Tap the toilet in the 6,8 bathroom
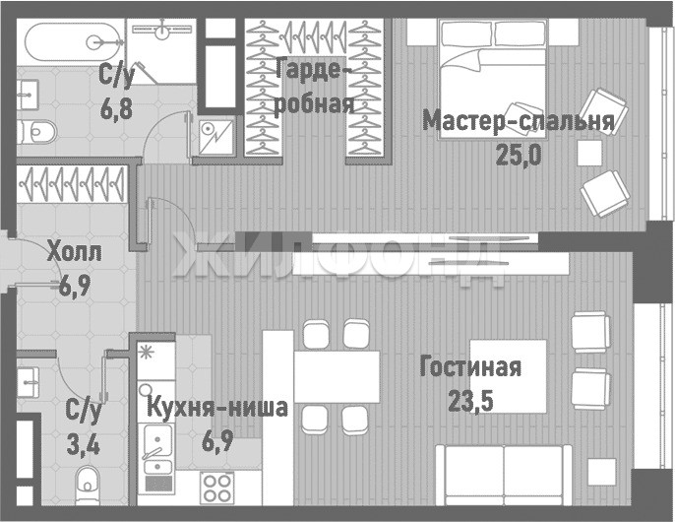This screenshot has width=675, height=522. (x=37, y=132)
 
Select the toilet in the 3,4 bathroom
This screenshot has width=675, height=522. (x=88, y=485)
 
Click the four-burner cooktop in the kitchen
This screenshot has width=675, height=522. (x=216, y=488)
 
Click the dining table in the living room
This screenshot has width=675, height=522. (x=337, y=377)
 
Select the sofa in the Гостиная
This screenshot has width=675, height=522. (x=504, y=475)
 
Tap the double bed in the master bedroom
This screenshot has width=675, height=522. (x=493, y=80)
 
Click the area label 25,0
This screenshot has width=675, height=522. (x=519, y=155)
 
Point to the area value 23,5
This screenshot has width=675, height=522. (x=470, y=401)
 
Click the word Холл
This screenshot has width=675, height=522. (x=75, y=252)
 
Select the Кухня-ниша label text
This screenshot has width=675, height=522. (x=217, y=408)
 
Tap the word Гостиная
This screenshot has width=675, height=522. (x=470, y=366)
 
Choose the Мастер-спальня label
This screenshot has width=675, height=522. (x=519, y=121)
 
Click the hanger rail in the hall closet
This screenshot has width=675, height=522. (x=72, y=184)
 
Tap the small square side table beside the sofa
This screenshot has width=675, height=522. (x=602, y=473)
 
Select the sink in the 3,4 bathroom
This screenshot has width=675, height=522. (x=29, y=381)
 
